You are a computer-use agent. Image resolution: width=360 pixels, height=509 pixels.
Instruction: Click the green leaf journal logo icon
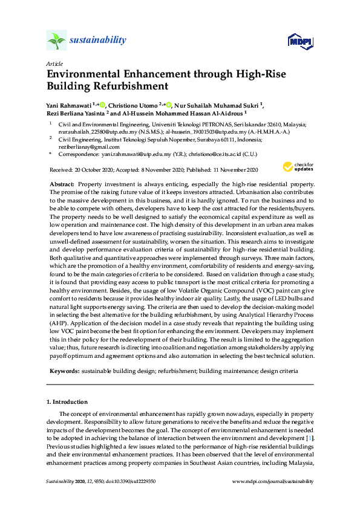pos(56,40)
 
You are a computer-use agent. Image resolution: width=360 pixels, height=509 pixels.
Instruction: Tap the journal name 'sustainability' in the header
pos(98,41)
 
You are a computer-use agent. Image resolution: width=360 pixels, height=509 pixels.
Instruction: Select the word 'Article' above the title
pos(53,63)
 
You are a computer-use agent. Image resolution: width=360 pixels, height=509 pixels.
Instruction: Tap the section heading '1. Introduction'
pos(67,401)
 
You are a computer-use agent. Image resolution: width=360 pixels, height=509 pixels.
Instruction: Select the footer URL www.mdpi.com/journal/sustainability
pos(273,481)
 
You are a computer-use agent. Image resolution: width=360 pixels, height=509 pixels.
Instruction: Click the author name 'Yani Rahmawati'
pos(70,104)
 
